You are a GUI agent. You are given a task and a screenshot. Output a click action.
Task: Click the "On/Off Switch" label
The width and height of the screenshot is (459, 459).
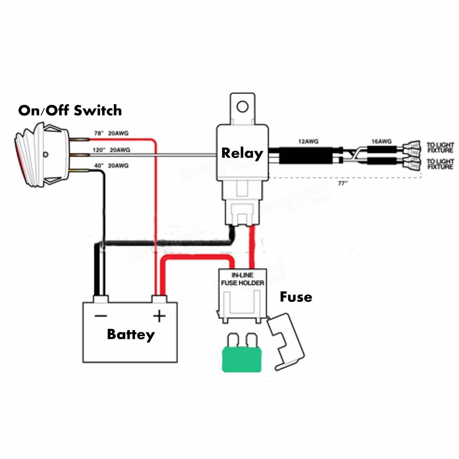click(70, 111)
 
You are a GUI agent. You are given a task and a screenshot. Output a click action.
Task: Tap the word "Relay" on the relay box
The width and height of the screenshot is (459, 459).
click(242, 153)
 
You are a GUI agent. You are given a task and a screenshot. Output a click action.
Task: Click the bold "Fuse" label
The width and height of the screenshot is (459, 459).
click(296, 297)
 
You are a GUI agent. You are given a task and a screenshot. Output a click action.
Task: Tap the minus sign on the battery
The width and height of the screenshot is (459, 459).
click(101, 316)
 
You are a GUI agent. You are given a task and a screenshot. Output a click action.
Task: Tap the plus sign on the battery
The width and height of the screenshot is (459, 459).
click(159, 316)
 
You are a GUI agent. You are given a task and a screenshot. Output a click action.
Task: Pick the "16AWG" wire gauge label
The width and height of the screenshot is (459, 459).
click(381, 142)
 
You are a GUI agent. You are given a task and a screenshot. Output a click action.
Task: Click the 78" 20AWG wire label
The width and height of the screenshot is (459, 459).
click(111, 133)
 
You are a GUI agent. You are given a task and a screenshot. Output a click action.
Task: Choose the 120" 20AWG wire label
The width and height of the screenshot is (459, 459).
click(111, 150)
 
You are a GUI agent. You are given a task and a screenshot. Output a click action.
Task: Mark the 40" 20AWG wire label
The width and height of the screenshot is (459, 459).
click(111, 166)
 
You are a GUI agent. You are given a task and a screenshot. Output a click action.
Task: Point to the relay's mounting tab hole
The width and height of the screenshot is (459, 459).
click(242, 106)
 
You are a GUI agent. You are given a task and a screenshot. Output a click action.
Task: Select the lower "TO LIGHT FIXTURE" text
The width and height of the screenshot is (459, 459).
click(440, 164)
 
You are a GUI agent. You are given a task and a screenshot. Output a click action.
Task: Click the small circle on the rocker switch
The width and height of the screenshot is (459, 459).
click(46, 155)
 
